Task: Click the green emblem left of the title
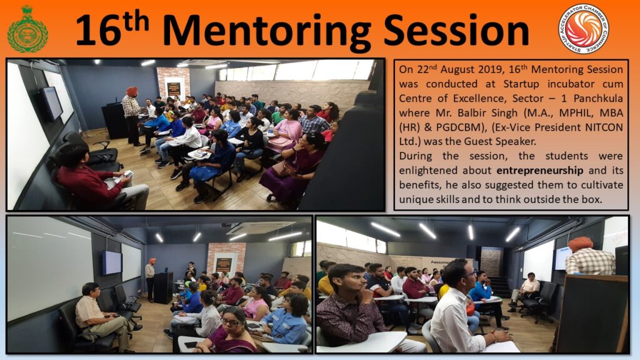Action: click(27, 29)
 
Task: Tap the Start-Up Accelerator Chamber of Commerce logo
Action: click(584, 29)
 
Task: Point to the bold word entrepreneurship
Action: click(539, 170)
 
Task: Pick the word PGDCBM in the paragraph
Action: click(459, 127)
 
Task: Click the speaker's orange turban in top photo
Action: click(132, 91)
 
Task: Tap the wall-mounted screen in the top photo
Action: click(53, 102)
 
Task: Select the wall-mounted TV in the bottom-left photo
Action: click(112, 262)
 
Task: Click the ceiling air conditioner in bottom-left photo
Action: click(261, 227)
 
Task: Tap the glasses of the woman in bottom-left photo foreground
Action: click(232, 322)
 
